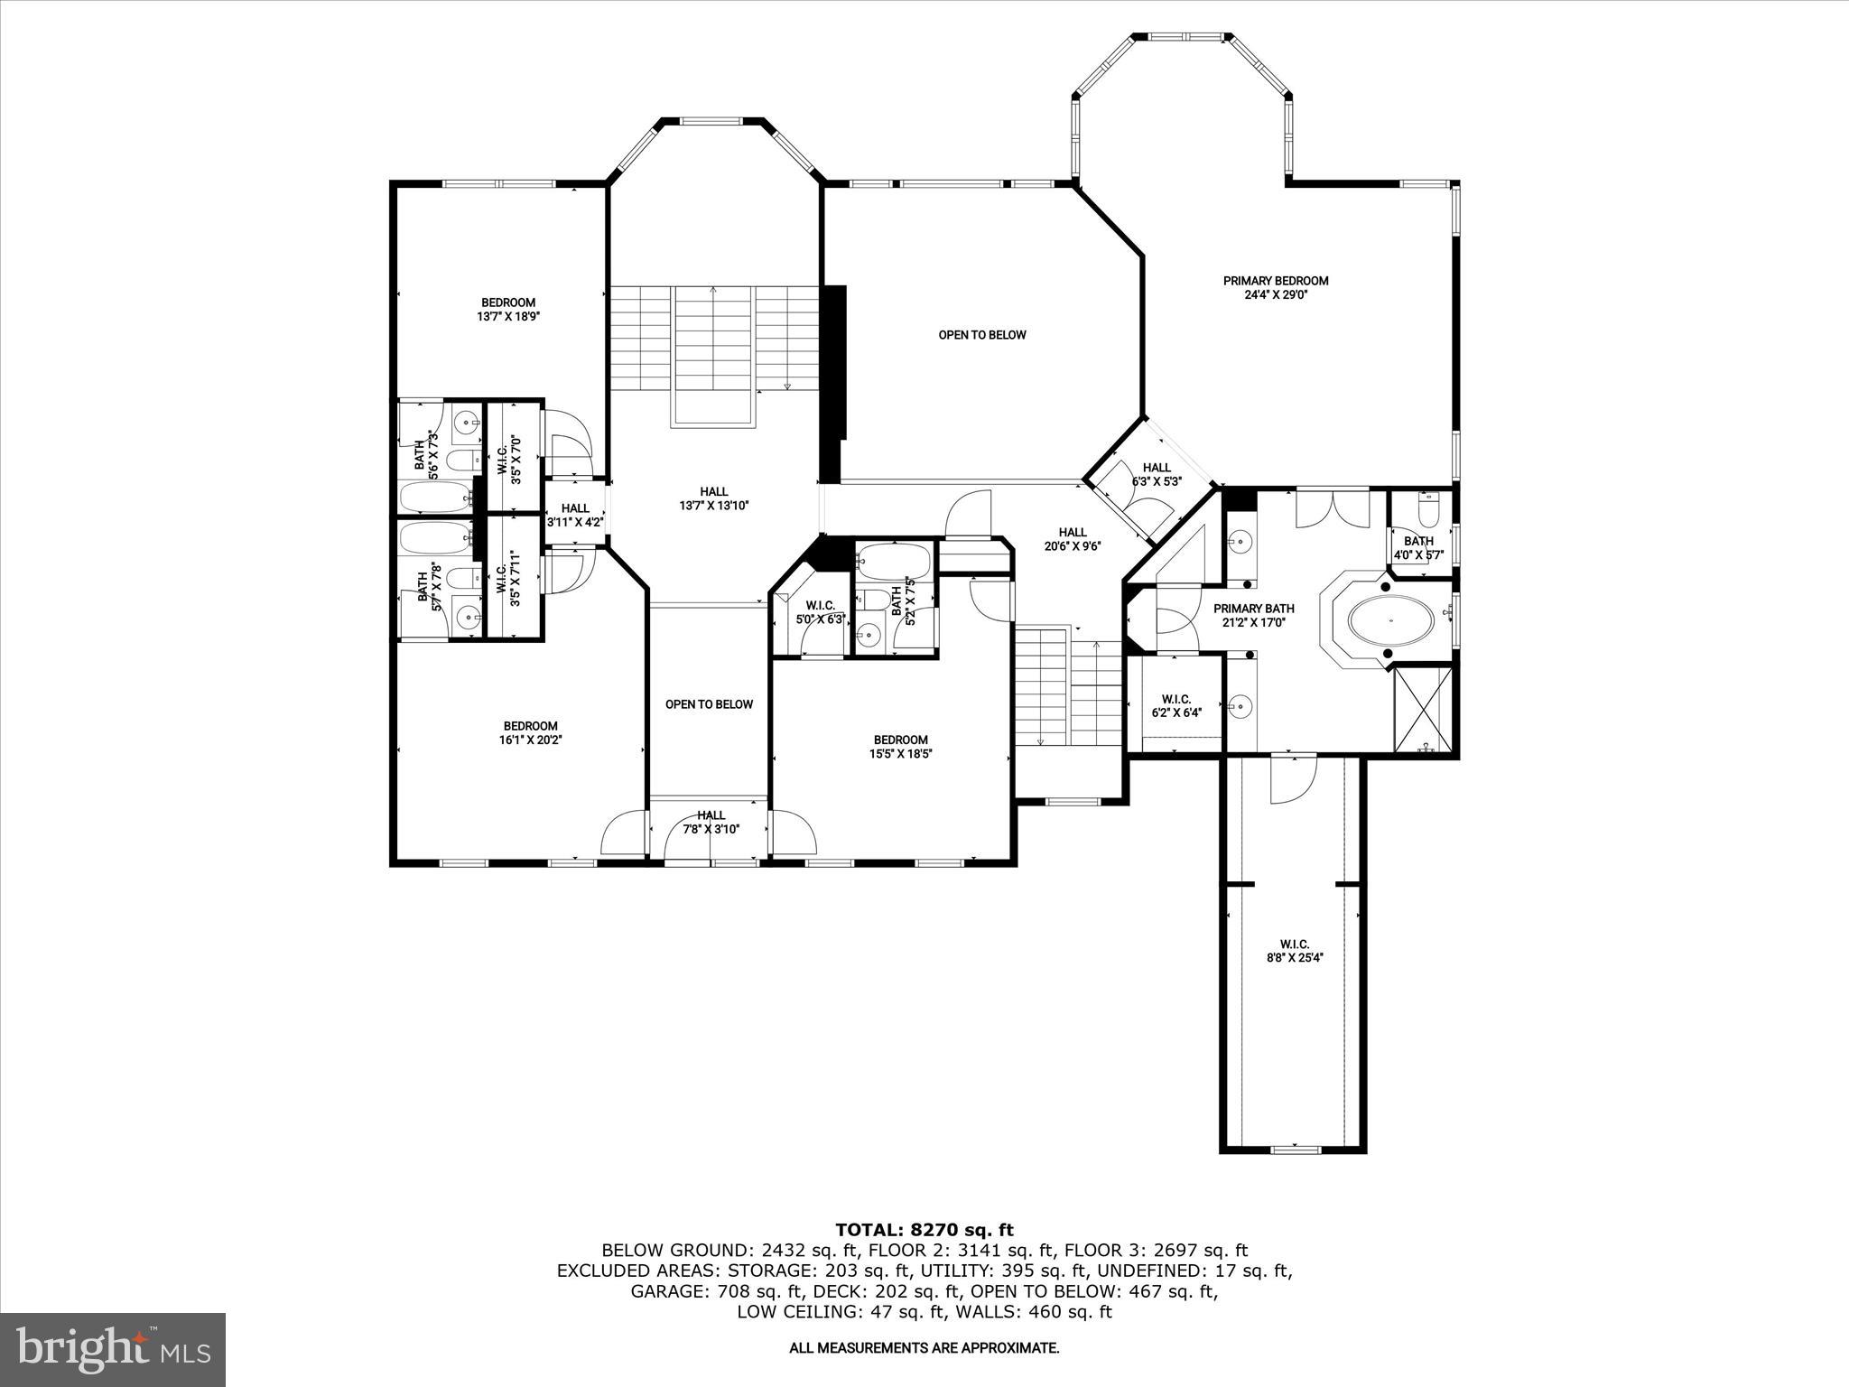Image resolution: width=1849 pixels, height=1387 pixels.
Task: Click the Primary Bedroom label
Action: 1275,287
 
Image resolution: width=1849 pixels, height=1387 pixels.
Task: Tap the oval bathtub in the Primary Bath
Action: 1389,622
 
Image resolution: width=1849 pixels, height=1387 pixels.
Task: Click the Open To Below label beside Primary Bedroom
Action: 982,335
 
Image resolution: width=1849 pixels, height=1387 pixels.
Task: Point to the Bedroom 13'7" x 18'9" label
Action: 508,309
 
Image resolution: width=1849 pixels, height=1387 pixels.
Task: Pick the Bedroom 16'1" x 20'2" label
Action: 530,732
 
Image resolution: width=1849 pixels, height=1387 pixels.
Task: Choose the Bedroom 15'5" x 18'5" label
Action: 900,747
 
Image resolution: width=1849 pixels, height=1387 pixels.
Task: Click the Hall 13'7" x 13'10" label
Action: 714,498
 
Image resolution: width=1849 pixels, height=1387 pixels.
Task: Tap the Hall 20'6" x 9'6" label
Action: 1073,539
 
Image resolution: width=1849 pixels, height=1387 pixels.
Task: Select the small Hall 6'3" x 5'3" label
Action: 1156,474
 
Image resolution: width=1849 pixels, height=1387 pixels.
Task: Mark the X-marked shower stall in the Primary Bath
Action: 1425,708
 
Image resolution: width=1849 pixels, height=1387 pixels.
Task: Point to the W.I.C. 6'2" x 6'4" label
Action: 1175,705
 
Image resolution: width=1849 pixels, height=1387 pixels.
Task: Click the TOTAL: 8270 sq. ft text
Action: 924,1230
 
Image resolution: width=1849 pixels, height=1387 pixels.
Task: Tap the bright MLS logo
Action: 113,1349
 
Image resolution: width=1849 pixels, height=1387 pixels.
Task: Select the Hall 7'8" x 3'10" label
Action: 711,822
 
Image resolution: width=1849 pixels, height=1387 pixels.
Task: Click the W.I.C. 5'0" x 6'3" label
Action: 820,612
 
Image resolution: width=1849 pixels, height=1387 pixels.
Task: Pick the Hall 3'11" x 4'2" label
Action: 574,515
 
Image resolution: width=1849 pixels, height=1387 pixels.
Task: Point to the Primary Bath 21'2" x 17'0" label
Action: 1253,615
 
